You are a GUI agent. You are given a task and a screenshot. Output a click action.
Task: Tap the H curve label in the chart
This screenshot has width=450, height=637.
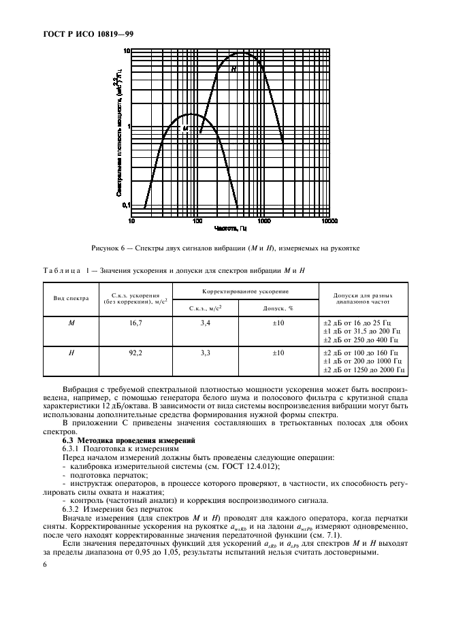click(x=233, y=69)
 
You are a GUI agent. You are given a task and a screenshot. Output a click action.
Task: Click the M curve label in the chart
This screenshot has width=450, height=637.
click(x=184, y=128)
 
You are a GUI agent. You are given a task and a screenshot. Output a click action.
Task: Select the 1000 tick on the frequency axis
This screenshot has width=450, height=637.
click(x=263, y=220)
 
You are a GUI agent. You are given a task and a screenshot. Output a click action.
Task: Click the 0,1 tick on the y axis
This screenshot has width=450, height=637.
click(x=126, y=205)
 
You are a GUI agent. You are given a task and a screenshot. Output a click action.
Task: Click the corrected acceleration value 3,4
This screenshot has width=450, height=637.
click(x=205, y=324)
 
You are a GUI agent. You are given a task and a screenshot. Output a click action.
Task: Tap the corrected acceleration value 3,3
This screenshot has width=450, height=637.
click(x=205, y=353)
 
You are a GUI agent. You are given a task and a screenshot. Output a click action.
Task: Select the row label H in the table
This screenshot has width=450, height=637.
click(x=71, y=353)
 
